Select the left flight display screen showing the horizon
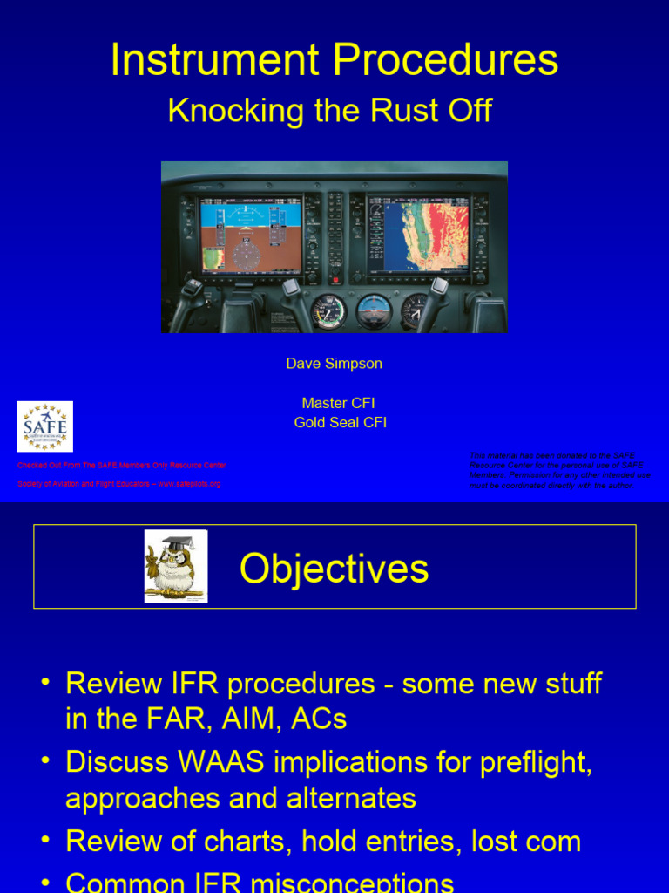(x=250, y=234)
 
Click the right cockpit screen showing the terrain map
(x=419, y=234)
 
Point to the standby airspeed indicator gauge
(x=328, y=311)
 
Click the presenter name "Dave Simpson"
(x=334, y=363)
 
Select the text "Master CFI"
(x=338, y=403)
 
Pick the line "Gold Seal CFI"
(x=340, y=422)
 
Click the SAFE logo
(x=44, y=426)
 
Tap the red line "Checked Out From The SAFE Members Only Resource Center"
(x=122, y=466)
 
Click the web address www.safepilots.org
(x=189, y=483)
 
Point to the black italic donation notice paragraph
(x=559, y=469)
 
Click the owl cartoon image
(x=176, y=566)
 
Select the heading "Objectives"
(x=334, y=569)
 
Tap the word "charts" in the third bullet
(x=253, y=841)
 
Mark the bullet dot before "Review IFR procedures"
(x=44, y=682)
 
